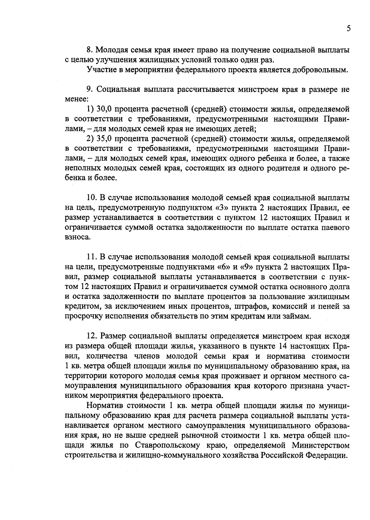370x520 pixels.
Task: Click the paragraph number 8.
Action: tap(89, 50)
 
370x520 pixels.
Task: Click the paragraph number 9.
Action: tap(89, 90)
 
